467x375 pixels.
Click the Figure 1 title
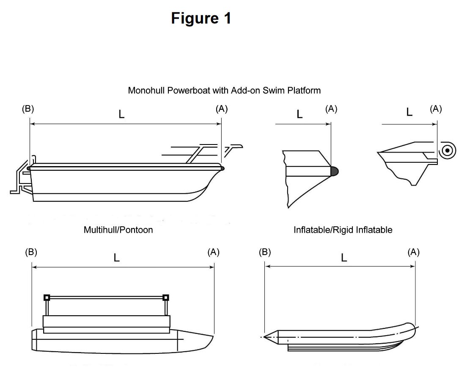[201, 18]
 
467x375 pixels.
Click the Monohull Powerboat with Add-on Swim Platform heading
[224, 90]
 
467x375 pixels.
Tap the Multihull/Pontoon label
[118, 230]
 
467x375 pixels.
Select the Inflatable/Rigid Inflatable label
[343, 230]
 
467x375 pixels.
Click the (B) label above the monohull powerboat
[28, 109]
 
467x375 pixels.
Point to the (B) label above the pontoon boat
[31, 252]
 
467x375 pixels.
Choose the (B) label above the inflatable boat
[265, 252]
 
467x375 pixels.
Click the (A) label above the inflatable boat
[413, 252]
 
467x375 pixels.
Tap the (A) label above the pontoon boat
[214, 252]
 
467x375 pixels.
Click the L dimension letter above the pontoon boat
[117, 258]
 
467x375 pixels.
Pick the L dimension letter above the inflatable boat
[344, 258]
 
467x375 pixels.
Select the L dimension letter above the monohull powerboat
[122, 114]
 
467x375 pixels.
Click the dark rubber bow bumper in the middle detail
[334, 171]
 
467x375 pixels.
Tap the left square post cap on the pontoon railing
[47, 297]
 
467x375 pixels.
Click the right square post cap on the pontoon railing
[166, 297]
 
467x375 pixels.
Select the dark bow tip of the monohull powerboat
[222, 168]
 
